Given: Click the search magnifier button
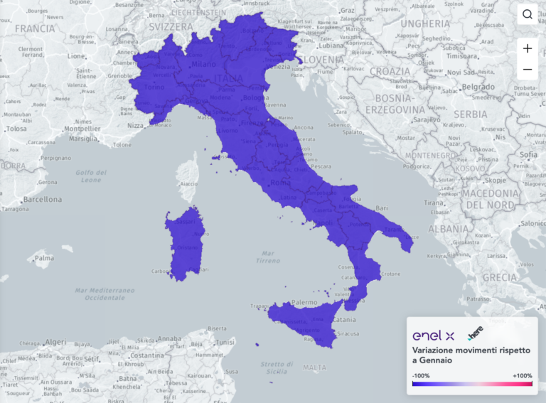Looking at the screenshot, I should (x=528, y=14).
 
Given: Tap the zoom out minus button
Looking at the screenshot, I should (x=528, y=70).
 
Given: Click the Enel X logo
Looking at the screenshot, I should (x=434, y=335).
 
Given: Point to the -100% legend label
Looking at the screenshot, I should (x=421, y=375).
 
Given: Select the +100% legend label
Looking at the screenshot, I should (x=522, y=375).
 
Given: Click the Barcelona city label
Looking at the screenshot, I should (x=41, y=200).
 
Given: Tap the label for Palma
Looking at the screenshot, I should (x=44, y=257).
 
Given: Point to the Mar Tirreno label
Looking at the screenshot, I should (x=268, y=257).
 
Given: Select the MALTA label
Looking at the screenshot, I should (x=314, y=367).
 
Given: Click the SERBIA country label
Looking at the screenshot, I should (x=470, y=114).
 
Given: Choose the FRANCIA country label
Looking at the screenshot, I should (x=34, y=28).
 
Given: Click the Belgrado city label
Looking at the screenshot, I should (x=478, y=87).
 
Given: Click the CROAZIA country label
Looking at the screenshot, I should (x=390, y=72).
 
